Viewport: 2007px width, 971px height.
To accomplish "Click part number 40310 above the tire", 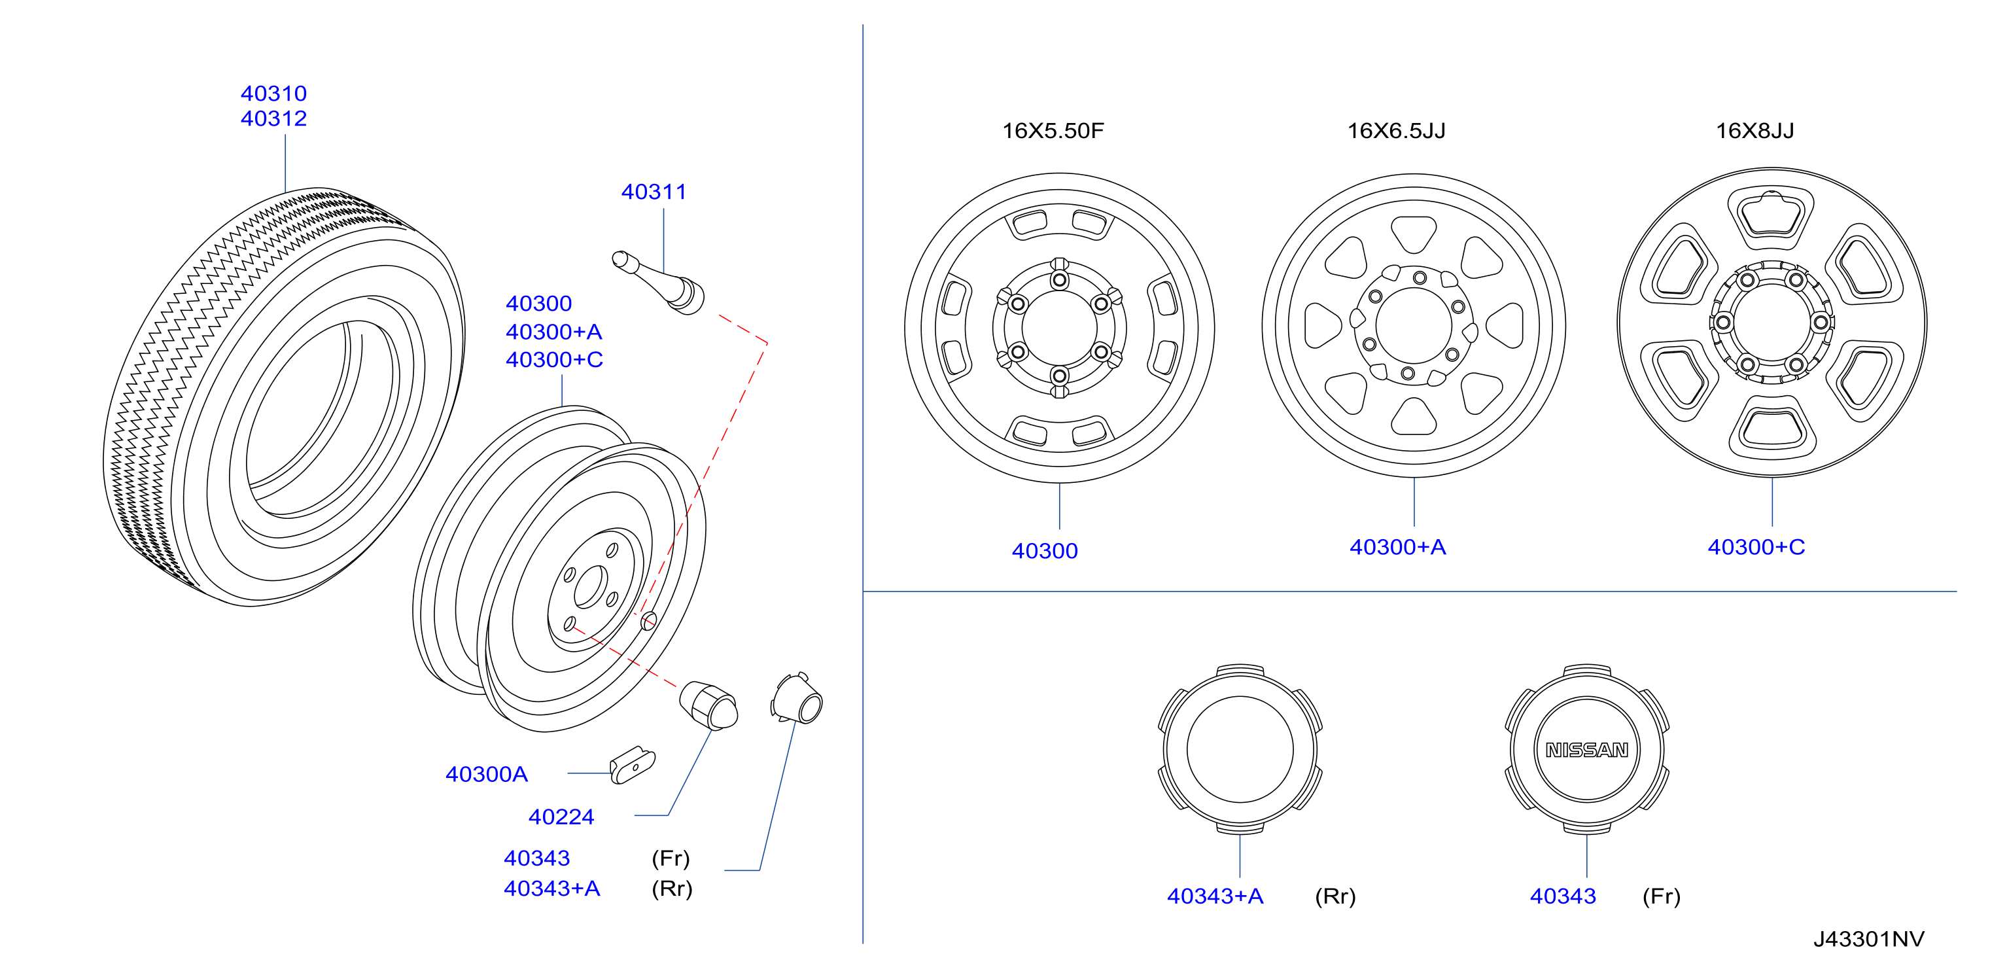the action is pyautogui.click(x=273, y=94).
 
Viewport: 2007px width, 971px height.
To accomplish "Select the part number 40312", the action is pyautogui.click(x=273, y=118).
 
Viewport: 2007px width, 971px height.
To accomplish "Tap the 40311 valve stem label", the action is pyautogui.click(x=654, y=192).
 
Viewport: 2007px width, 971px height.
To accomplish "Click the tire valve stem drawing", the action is pyautogui.click(x=659, y=282).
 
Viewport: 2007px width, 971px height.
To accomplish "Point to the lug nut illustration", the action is pyautogui.click(x=708, y=705).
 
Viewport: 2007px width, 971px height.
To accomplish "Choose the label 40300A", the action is pyautogui.click(x=486, y=774).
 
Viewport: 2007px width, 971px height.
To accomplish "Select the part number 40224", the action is pyautogui.click(x=561, y=817).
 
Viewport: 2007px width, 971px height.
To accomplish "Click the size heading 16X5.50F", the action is pyautogui.click(x=1053, y=130).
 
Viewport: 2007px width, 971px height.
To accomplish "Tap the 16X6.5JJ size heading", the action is pyautogui.click(x=1396, y=130).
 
